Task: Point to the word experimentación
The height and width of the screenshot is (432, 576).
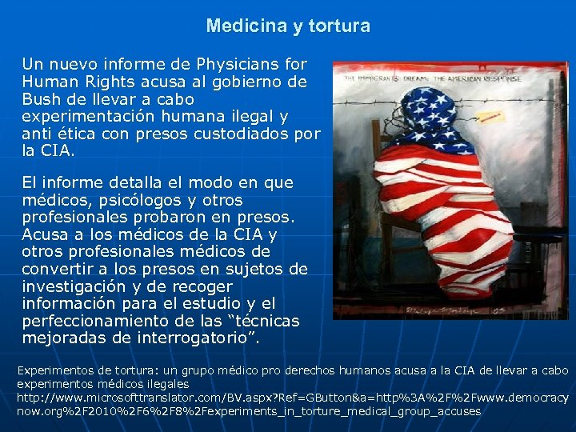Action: click(x=86, y=116)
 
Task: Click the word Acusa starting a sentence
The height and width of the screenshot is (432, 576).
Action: click(x=45, y=235)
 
